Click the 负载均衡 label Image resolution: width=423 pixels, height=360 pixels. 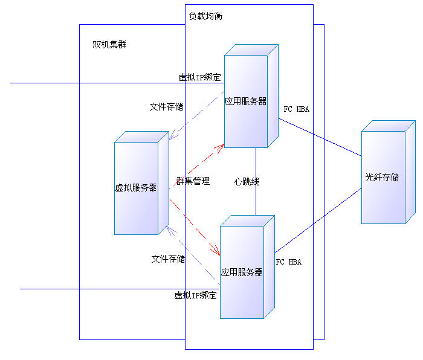pos(205,16)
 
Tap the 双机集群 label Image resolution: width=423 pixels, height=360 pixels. pos(109,45)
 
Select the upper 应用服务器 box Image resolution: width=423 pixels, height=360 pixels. pos(246,101)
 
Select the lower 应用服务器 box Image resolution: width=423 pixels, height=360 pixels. pos(242,272)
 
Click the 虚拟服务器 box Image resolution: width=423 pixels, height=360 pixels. pos(137,188)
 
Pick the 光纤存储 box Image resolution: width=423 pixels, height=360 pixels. pos(383,178)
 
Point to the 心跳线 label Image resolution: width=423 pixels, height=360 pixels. pos(247,181)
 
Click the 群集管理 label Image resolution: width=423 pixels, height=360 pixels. pos(193,181)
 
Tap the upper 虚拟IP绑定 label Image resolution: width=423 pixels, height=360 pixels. pos(199,77)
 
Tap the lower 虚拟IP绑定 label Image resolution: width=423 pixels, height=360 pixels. pos(195,295)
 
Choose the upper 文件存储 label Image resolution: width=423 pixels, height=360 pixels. pos(167,107)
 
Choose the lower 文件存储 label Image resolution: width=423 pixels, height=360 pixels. pos(168,259)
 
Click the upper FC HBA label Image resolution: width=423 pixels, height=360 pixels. pos(297,109)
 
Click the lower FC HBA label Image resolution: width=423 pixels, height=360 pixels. pos(289,262)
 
